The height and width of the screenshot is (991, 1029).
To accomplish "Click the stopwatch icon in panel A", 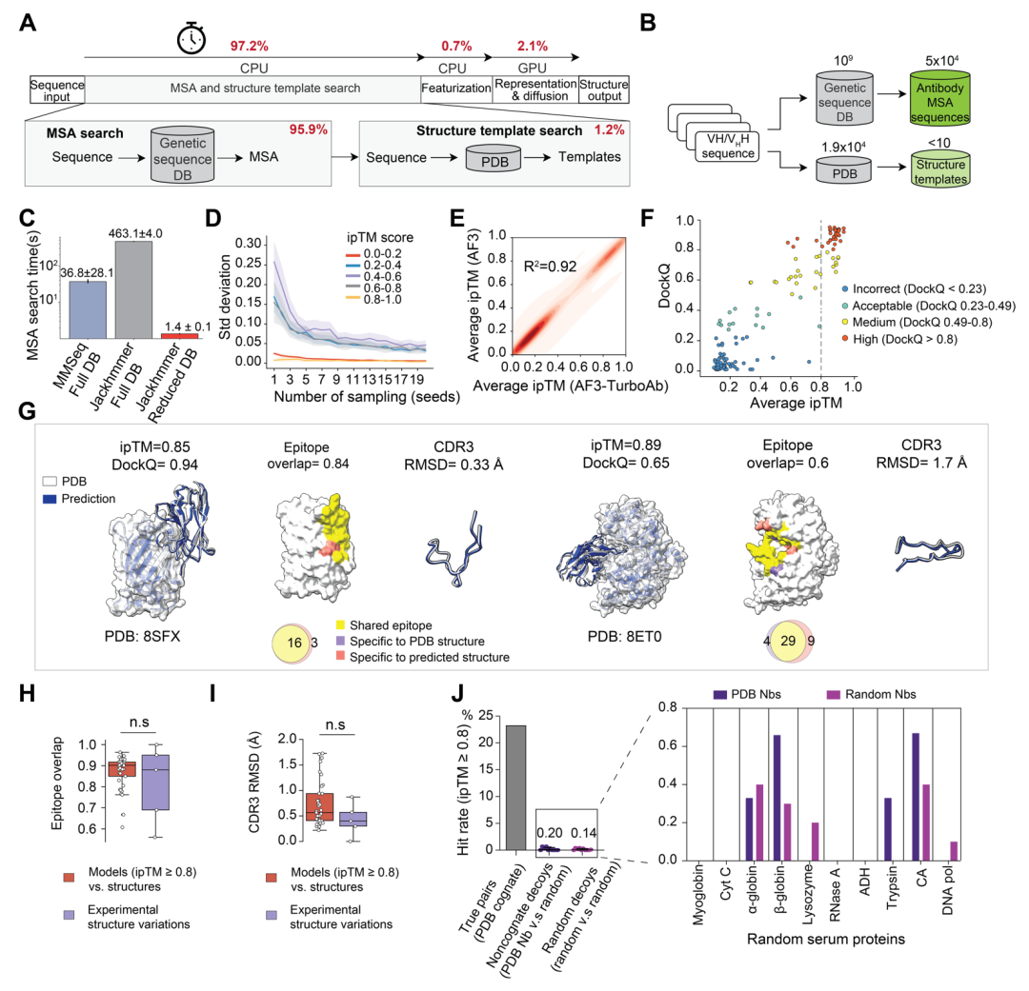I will [x=192, y=39].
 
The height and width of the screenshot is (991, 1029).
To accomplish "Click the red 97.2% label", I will [x=250, y=46].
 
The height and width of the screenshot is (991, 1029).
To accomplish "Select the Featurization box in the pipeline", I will [x=454, y=88].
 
